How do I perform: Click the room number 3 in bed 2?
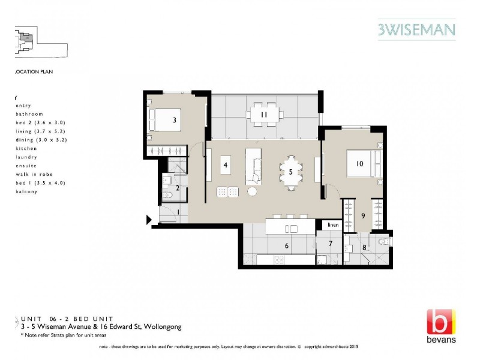[x=174, y=120]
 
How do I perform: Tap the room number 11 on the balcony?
[x=263, y=115]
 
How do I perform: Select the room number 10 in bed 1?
[x=360, y=163]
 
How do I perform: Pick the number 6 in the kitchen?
[x=287, y=245]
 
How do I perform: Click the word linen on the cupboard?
[x=333, y=225]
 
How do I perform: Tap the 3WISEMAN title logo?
[x=416, y=29]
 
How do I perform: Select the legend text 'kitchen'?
[x=27, y=148]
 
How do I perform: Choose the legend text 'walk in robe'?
[x=32, y=174]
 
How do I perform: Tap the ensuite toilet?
[x=384, y=242]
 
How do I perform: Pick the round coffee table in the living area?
[x=252, y=191]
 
